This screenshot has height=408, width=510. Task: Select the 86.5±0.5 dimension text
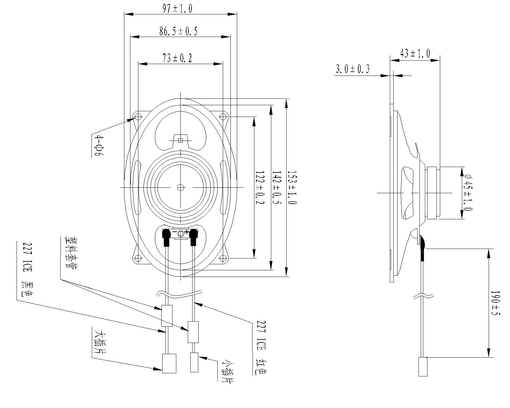coord(178,31)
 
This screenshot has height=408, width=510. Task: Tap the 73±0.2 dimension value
coord(178,58)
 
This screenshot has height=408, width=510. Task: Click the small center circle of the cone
coord(181,187)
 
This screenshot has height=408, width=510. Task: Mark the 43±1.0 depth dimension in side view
coord(415,53)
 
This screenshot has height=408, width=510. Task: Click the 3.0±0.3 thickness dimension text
coord(353,69)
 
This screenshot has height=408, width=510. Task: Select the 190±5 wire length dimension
coord(495,303)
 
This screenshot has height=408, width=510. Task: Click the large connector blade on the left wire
coord(169,363)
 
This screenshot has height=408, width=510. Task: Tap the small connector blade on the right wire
coord(194,362)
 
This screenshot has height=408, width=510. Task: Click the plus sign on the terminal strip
coord(186,232)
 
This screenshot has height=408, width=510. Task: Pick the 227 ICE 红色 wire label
coord(261,347)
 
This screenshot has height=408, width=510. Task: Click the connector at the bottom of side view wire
coord(422,367)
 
